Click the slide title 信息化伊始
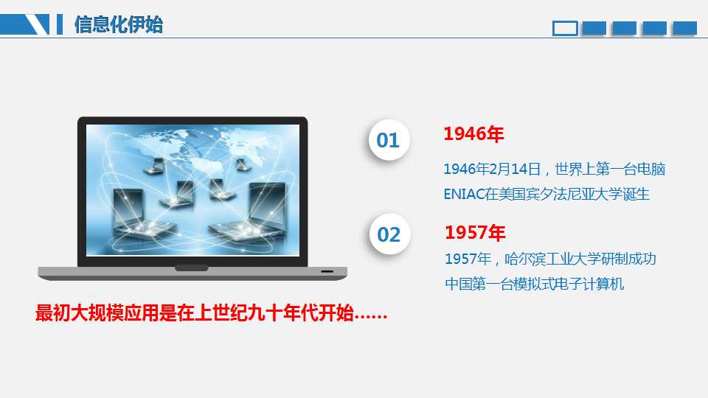pyautogui.click(x=118, y=24)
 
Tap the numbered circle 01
pyautogui.click(x=389, y=140)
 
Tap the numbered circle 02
pyautogui.click(x=389, y=234)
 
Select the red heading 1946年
pyautogui.click(x=473, y=133)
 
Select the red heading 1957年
pyautogui.click(x=475, y=232)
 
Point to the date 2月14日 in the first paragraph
pyautogui.click(x=515, y=170)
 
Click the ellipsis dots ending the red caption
pyautogui.click(x=371, y=317)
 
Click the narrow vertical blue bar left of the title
pyautogui.click(x=60, y=24)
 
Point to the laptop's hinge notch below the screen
pyautogui.click(x=192, y=268)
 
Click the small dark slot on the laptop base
pyautogui.click(x=327, y=272)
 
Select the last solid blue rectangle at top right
pyautogui.click(x=684, y=28)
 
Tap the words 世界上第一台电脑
pyautogui.click(x=610, y=170)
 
